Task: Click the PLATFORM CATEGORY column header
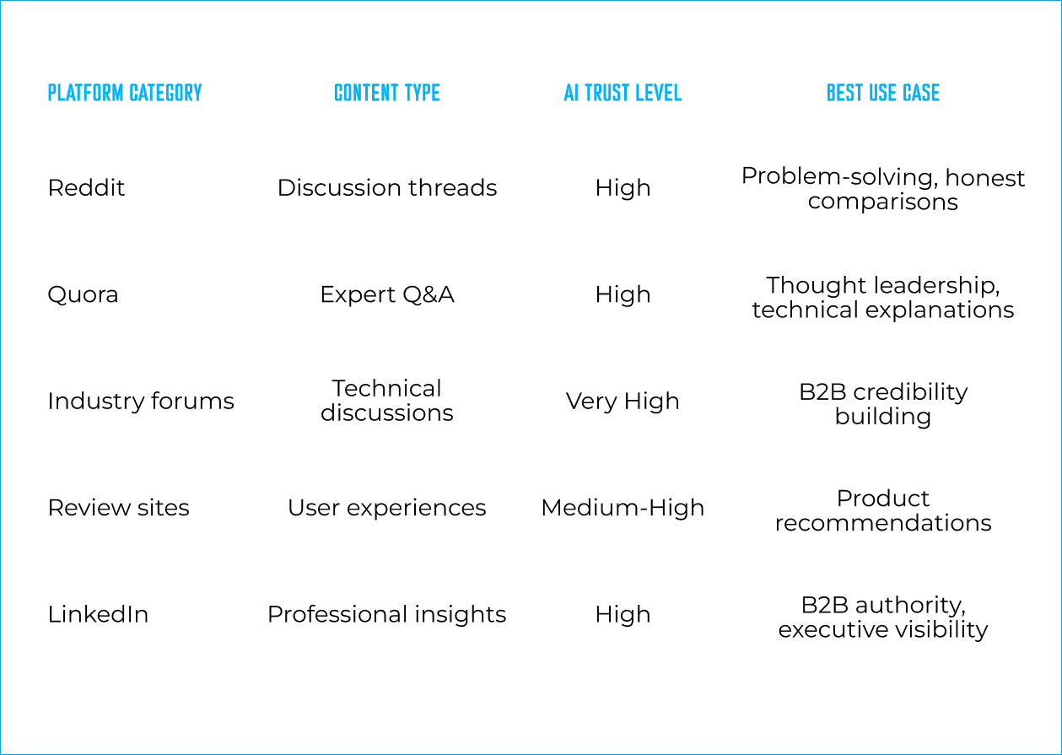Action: pos(125,93)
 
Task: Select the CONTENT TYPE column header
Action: pos(387,93)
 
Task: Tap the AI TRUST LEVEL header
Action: pos(623,93)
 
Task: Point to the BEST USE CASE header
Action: pos(883,93)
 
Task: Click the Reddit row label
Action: pos(86,188)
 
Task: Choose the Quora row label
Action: pos(83,295)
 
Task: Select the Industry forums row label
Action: pos(141,402)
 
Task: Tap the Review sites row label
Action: pos(119,508)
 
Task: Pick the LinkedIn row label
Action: pos(98,615)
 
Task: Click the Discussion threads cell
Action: pos(387,188)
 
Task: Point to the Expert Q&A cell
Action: pos(387,295)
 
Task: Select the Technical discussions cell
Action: pos(387,401)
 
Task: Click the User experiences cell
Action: pos(387,509)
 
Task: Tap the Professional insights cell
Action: pos(387,615)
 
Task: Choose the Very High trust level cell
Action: pos(623,402)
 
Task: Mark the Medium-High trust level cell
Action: pos(623,509)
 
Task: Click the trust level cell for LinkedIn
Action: pos(623,615)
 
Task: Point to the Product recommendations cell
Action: pos(883,510)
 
